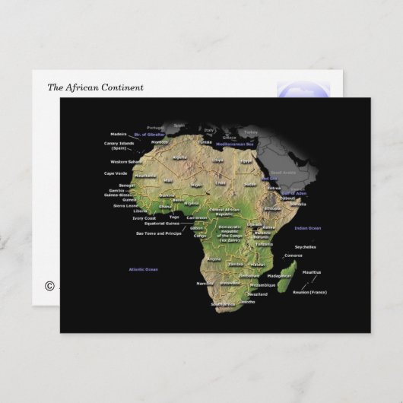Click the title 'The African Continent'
coord(95,87)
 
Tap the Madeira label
coord(119,134)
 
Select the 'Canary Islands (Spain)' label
coord(119,145)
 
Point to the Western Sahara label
coord(125,161)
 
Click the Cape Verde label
coord(115,173)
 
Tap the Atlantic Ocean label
coord(143,269)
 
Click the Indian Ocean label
coord(309,228)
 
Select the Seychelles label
coord(306,246)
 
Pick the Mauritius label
coord(312,271)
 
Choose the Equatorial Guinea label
coord(162,224)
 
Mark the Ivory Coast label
coord(144,218)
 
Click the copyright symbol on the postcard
coord(50,286)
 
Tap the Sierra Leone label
coord(126,205)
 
